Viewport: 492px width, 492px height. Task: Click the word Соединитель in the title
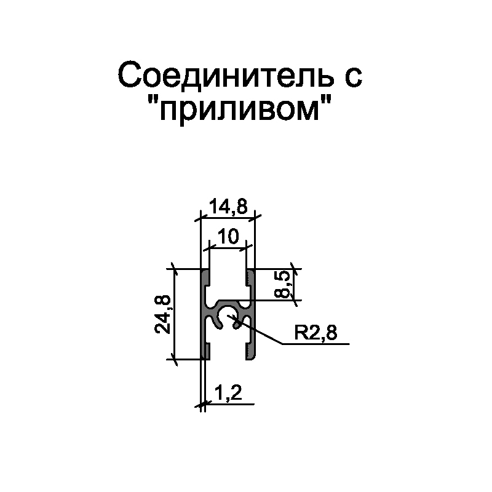[x=226, y=75]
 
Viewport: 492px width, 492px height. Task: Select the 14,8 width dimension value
[x=228, y=207]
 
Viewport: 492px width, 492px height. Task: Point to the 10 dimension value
[x=228, y=236]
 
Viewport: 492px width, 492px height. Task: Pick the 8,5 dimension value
[x=282, y=284]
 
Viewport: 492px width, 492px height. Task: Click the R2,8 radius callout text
[x=315, y=333]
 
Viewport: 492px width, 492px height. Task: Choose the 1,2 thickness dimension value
[x=228, y=393]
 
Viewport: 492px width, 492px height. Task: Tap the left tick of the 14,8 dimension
[x=201, y=216]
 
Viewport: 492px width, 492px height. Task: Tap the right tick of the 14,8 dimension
[x=255, y=216]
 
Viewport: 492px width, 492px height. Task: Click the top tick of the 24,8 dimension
[x=175, y=269]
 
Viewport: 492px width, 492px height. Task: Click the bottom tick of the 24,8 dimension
[x=175, y=359]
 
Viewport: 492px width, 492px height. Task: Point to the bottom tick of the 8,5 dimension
[x=295, y=300]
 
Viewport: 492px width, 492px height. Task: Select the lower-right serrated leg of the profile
[x=250, y=351]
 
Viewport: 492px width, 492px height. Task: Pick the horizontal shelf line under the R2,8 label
[x=316, y=344]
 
